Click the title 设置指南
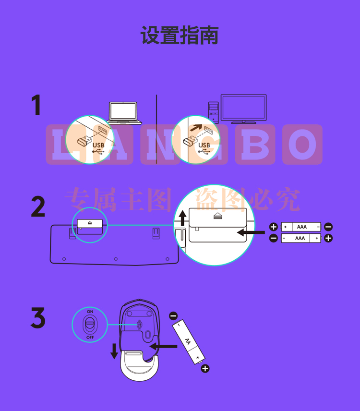coord(180,35)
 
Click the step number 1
coord(36,105)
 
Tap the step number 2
coord(38,206)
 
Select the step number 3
coord(38,318)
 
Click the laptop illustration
coord(124,113)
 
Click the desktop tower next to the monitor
coord(214,112)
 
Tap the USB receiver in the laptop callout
coord(84,141)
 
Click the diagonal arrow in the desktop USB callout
coord(196,128)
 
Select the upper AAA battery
coord(301,227)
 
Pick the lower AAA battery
coord(301,238)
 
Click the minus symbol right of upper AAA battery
coord(328,227)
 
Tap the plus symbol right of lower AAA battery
coord(328,238)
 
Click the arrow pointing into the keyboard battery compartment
coord(251,232)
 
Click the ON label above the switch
coord(90,312)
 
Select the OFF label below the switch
coord(90,338)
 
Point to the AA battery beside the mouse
coord(188,342)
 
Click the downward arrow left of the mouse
coord(114,351)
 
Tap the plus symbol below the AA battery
coord(205,369)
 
